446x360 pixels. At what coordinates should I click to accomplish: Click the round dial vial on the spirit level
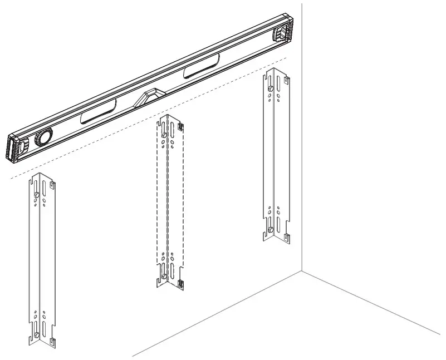[42, 137]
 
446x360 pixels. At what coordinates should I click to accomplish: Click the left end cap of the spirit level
[16, 150]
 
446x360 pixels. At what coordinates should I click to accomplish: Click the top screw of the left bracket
[36, 195]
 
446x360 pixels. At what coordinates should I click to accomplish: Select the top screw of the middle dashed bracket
[164, 134]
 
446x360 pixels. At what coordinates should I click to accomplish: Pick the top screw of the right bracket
[270, 88]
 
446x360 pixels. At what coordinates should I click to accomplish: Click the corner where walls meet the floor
[302, 272]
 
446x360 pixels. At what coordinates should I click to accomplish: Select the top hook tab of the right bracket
[286, 82]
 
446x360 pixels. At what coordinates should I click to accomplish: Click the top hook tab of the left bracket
[52, 184]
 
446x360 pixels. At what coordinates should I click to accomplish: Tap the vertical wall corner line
[302, 139]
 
